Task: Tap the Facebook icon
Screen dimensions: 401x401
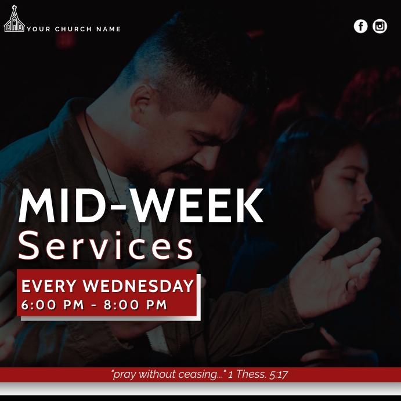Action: (360, 26)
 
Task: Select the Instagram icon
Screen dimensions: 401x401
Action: (380, 26)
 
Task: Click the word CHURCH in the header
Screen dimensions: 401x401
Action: (74, 29)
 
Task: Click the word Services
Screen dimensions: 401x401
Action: (106, 246)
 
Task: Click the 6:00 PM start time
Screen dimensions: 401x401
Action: (53, 305)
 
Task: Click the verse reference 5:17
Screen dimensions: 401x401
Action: (279, 374)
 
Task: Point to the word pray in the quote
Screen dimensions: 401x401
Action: (124, 374)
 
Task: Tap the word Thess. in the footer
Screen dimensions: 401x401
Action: (251, 374)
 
